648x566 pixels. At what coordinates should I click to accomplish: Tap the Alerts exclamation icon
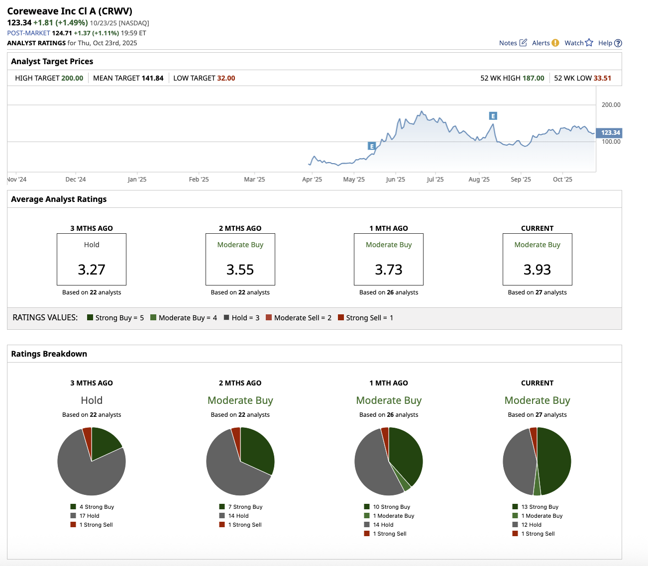[555, 43]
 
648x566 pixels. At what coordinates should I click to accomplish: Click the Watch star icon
[589, 43]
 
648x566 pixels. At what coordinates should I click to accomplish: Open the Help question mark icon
[618, 43]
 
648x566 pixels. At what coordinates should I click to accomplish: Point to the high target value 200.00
[72, 78]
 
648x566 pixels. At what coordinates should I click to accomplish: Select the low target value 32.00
[226, 78]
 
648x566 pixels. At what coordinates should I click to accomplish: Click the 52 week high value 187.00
[533, 78]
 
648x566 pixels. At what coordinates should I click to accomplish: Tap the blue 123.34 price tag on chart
[610, 133]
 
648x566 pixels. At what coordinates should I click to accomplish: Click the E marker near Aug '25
[493, 116]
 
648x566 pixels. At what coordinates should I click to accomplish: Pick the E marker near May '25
[371, 146]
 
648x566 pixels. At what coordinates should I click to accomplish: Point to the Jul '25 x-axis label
[435, 180]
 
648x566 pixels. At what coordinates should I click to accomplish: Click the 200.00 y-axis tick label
[611, 105]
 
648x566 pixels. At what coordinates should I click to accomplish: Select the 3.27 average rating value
[92, 270]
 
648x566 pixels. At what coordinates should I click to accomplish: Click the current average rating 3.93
[537, 270]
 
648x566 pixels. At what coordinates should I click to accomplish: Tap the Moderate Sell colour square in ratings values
[269, 318]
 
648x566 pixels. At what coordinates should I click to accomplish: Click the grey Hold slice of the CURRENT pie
[519, 463]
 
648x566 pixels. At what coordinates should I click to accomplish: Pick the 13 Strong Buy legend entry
[540, 507]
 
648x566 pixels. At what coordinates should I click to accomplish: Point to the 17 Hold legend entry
[89, 516]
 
